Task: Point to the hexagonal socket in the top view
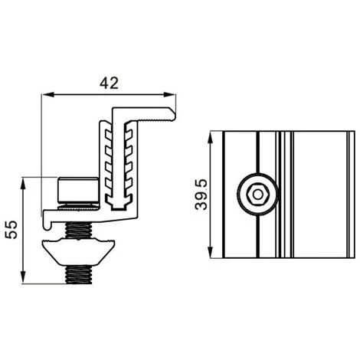(257, 195)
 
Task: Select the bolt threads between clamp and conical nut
(80, 229)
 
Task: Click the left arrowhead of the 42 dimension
(44, 95)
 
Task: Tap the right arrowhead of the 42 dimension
(172, 95)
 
